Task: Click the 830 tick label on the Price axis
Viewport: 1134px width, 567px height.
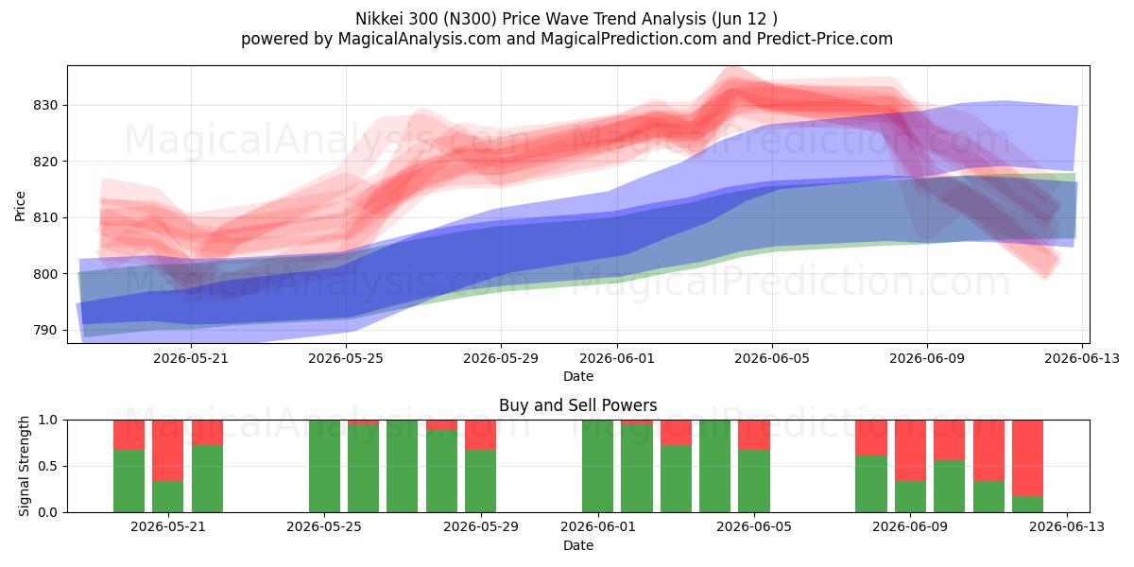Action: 45,105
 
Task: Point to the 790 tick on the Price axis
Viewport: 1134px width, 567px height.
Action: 45,330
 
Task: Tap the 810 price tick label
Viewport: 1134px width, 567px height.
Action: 45,217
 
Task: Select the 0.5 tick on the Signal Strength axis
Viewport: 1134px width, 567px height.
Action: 49,466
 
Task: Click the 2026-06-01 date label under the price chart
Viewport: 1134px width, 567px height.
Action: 616,358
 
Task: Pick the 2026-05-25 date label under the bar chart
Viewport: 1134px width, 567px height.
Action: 324,526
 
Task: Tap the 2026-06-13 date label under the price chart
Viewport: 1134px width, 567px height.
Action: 1082,358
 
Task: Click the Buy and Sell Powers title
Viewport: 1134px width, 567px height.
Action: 578,405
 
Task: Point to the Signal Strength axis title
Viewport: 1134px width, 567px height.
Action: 24,466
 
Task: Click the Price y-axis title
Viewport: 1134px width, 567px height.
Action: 20,206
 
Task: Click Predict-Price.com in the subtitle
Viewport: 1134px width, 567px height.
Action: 825,39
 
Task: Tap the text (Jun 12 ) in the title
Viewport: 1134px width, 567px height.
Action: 745,19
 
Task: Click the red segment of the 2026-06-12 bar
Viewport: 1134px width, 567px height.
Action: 1028,458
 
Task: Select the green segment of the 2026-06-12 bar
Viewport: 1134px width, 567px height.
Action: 1028,505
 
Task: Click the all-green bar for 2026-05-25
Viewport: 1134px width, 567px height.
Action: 324,466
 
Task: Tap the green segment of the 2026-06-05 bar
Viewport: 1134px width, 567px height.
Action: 754,481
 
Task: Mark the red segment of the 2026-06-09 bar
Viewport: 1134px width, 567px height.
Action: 910,451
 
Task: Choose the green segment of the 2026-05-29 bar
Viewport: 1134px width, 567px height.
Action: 480,481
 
